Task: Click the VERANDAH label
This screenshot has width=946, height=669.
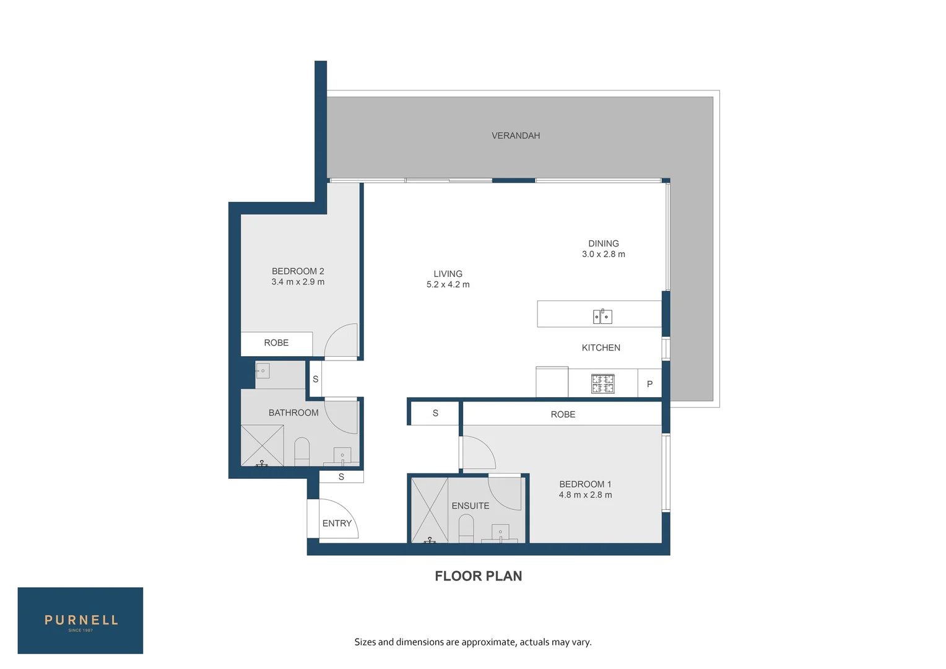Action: click(x=516, y=136)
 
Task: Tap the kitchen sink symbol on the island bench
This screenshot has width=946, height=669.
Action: click(x=602, y=317)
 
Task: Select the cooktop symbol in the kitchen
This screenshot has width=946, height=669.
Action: click(x=602, y=383)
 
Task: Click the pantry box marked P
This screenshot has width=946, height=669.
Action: click(x=649, y=384)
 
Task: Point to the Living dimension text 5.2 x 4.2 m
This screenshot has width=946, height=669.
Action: click(x=448, y=285)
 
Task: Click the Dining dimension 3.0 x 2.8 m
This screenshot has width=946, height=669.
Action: click(x=603, y=255)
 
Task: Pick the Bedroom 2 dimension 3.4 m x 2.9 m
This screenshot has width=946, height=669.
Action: click(x=298, y=282)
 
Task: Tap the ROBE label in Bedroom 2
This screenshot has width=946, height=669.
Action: click(x=276, y=343)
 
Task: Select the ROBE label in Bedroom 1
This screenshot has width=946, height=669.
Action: click(x=563, y=414)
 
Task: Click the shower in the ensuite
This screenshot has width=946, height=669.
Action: click(x=430, y=509)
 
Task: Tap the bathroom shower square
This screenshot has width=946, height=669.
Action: click(x=262, y=445)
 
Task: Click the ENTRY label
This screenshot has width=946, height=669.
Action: click(x=337, y=523)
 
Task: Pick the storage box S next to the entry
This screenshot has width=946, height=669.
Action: click(x=341, y=477)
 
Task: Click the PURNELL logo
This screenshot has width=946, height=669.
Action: click(x=80, y=621)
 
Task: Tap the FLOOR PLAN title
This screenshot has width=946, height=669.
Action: click(x=478, y=576)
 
